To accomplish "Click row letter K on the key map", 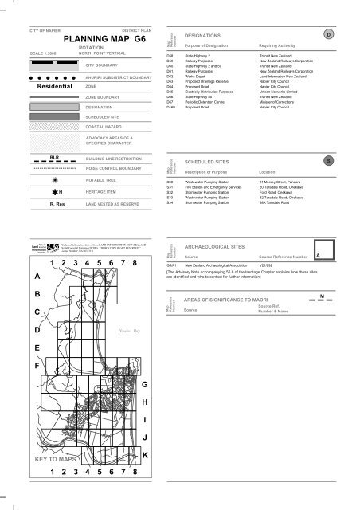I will coord(145,454).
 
